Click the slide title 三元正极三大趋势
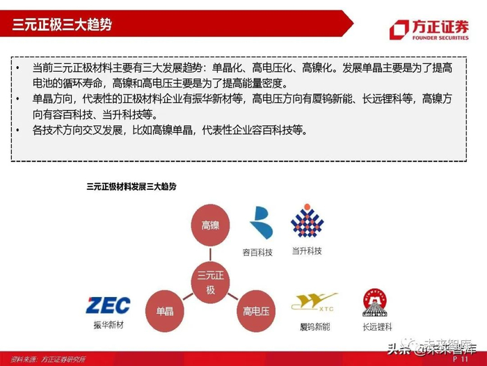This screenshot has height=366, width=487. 62,26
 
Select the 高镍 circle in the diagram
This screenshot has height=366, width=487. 210,225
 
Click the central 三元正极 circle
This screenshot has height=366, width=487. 210,281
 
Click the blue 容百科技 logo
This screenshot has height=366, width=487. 262,222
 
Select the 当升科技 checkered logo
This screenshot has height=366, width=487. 307,221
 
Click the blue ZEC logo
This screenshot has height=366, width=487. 107,305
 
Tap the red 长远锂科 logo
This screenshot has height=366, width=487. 375,302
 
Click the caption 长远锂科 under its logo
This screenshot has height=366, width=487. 376,326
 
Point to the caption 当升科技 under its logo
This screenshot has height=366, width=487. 307,250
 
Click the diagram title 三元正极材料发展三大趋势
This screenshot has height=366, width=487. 131,186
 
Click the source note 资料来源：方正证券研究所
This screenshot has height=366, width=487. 47,360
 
